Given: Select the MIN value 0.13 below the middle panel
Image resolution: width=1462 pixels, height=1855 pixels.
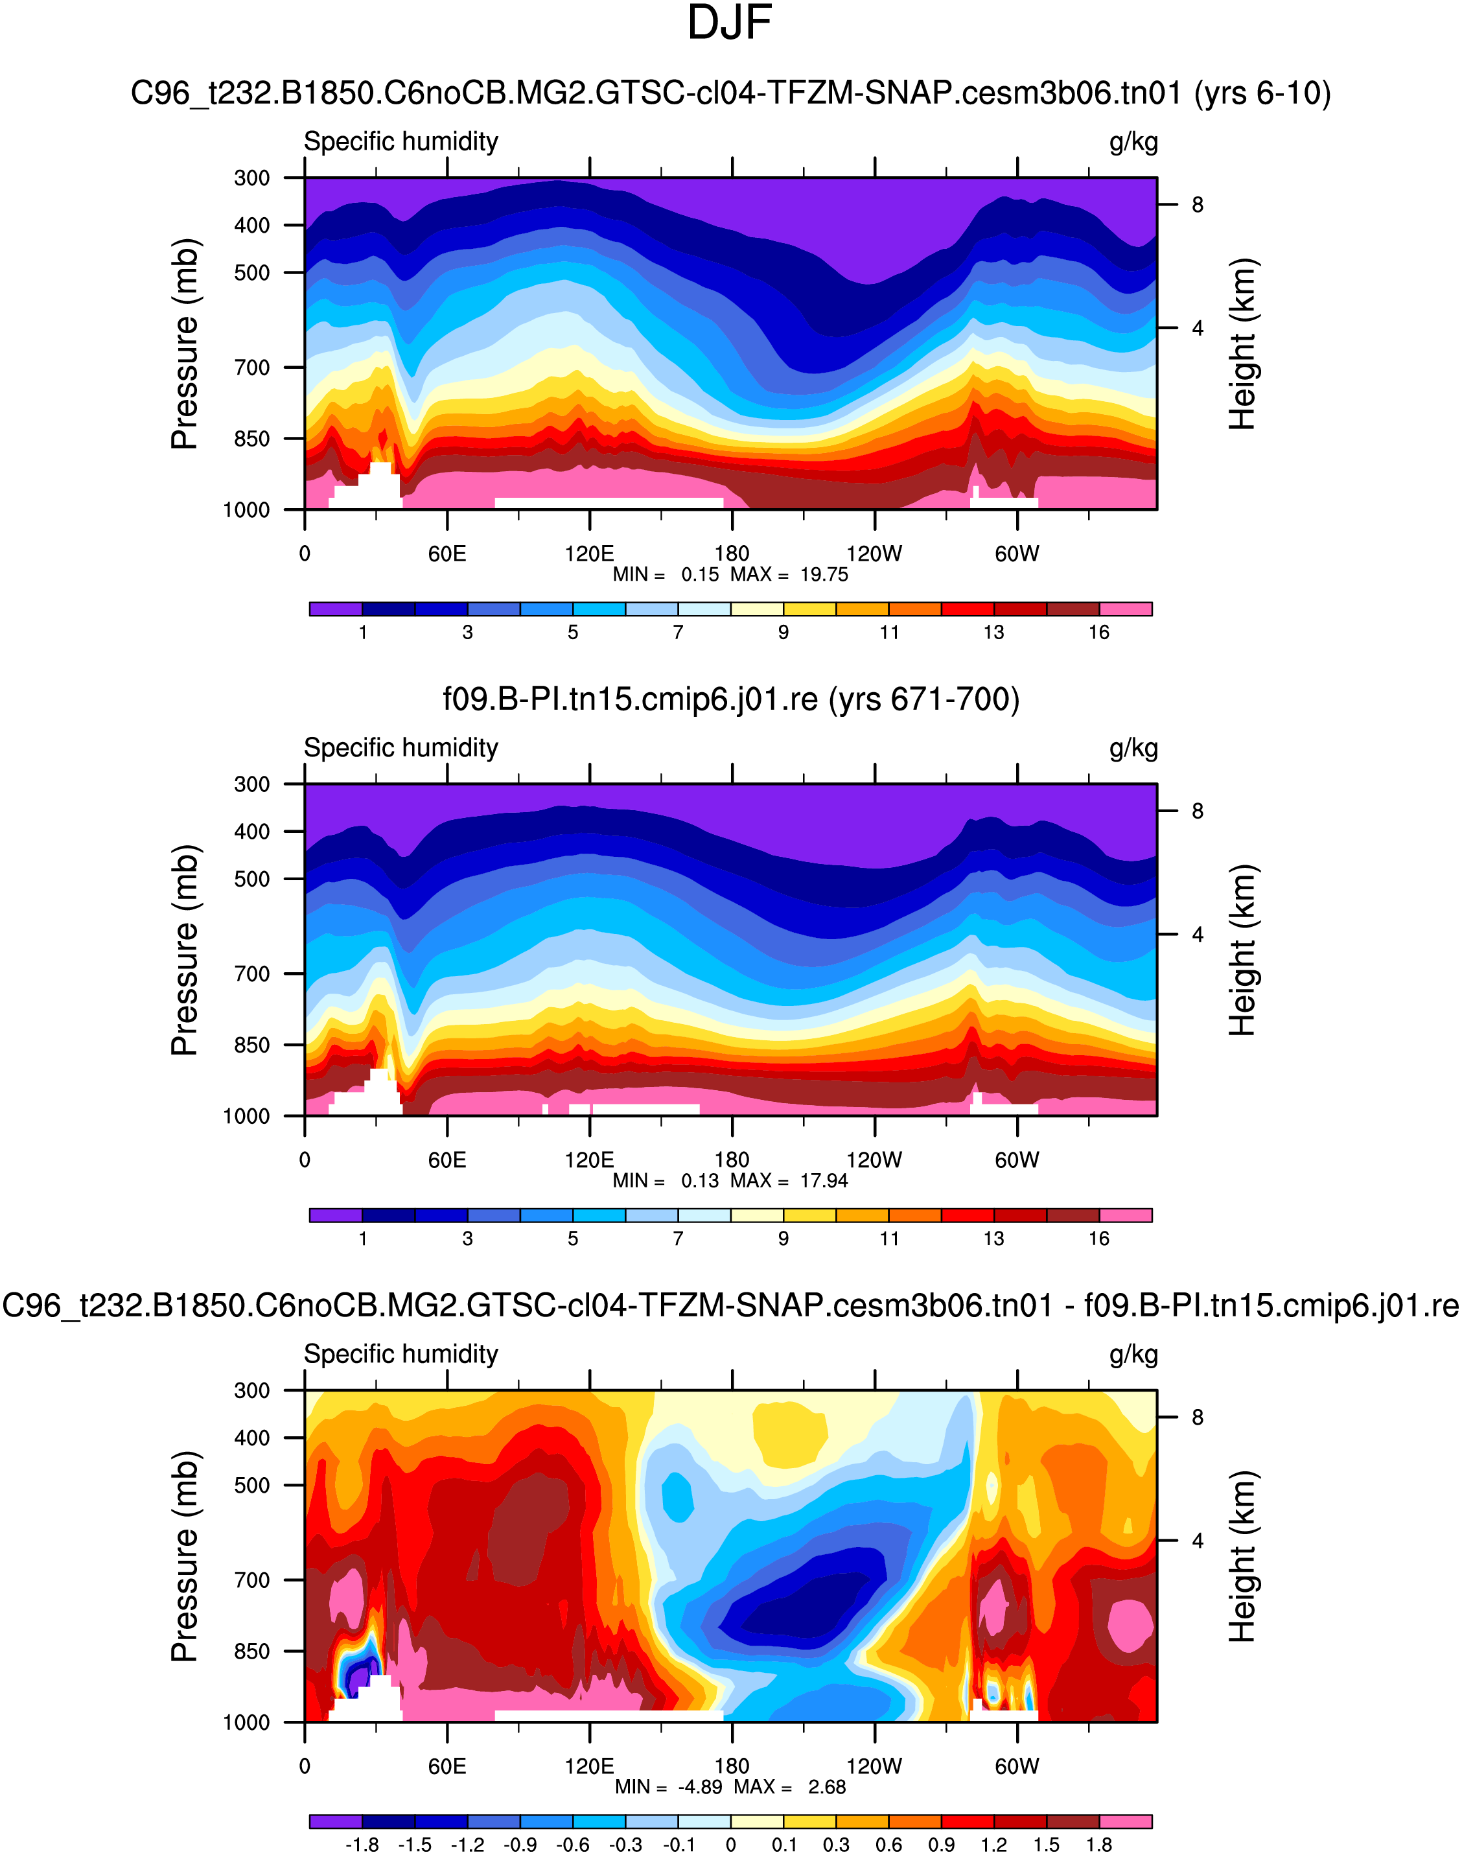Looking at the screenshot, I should [x=699, y=1182].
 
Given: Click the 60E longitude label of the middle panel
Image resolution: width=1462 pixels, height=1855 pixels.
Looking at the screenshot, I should [x=447, y=1160].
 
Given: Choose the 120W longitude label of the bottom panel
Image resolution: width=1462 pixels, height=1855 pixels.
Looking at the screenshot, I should [x=874, y=1766].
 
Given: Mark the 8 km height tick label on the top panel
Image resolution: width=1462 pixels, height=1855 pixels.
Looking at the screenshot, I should [x=1197, y=205].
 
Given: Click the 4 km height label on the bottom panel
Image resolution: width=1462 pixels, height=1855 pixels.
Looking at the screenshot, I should [x=1197, y=1541].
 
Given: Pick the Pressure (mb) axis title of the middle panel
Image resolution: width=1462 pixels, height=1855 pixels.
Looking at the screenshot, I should [x=185, y=950].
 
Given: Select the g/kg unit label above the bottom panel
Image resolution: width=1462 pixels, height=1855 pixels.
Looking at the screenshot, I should [x=1133, y=1354].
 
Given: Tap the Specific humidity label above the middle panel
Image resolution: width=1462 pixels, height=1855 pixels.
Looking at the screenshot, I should [x=400, y=748].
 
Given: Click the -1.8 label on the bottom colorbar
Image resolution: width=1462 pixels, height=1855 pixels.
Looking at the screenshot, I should [x=362, y=1845].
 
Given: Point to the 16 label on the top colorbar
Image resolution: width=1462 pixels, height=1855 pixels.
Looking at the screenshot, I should [x=1099, y=633].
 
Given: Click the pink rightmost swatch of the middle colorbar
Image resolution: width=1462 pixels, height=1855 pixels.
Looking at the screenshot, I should [x=1126, y=1215].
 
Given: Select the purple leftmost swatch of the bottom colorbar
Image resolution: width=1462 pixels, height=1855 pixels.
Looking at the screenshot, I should [x=336, y=1821].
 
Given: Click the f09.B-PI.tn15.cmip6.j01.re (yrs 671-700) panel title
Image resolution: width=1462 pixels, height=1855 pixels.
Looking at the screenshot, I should [x=730, y=699].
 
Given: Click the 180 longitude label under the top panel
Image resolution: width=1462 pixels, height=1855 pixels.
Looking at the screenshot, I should [x=732, y=554].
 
